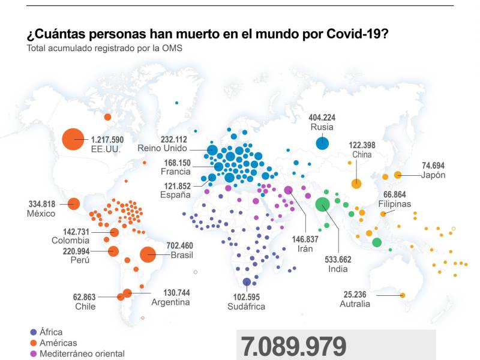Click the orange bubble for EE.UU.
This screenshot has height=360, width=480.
tap(73, 139)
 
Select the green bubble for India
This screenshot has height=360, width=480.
tap(323, 205)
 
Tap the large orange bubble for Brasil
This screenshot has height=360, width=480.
tap(148, 254)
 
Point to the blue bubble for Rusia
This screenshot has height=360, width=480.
tap(322, 143)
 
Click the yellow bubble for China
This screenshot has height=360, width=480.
tap(356, 184)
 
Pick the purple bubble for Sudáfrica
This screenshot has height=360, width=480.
tap(247, 282)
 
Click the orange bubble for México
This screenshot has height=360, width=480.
tap(74, 204)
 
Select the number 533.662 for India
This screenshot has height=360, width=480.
tap(338, 260)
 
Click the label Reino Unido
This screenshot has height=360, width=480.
tap(163, 148)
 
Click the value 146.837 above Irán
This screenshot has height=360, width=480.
tap(305, 239)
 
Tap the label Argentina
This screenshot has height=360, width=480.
tap(170, 302)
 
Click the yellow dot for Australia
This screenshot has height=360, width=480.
tap(403, 295)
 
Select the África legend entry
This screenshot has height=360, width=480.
tap(50, 332)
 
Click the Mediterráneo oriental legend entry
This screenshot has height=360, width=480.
tap(82, 353)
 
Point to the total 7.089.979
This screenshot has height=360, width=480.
tap(294, 347)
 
